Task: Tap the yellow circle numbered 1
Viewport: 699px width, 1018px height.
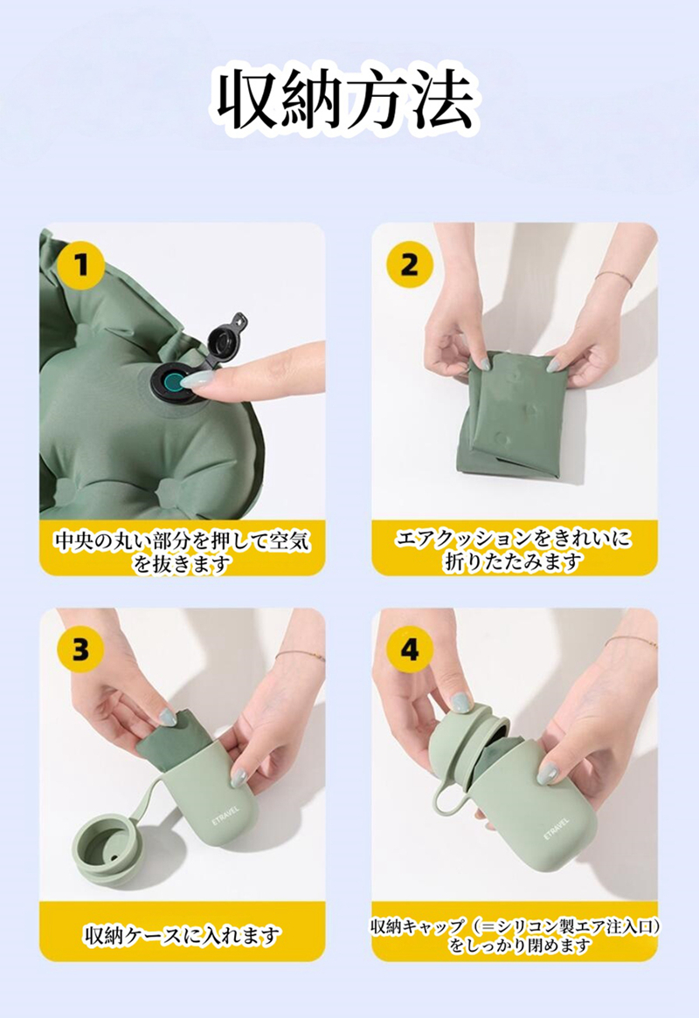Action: (80, 265)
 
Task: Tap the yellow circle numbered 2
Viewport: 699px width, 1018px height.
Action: (410, 265)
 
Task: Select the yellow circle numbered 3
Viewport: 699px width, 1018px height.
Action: (80, 650)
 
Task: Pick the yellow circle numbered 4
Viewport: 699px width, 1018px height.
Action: (410, 650)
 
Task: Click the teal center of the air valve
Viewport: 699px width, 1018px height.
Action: (174, 383)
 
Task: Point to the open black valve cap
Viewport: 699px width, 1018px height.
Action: (225, 340)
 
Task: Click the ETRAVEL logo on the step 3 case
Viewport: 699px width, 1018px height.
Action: (225, 817)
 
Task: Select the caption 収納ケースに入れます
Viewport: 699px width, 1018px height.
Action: (183, 935)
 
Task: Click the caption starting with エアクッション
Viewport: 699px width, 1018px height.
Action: (514, 549)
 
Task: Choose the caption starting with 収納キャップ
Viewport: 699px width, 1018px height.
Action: (516, 935)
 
